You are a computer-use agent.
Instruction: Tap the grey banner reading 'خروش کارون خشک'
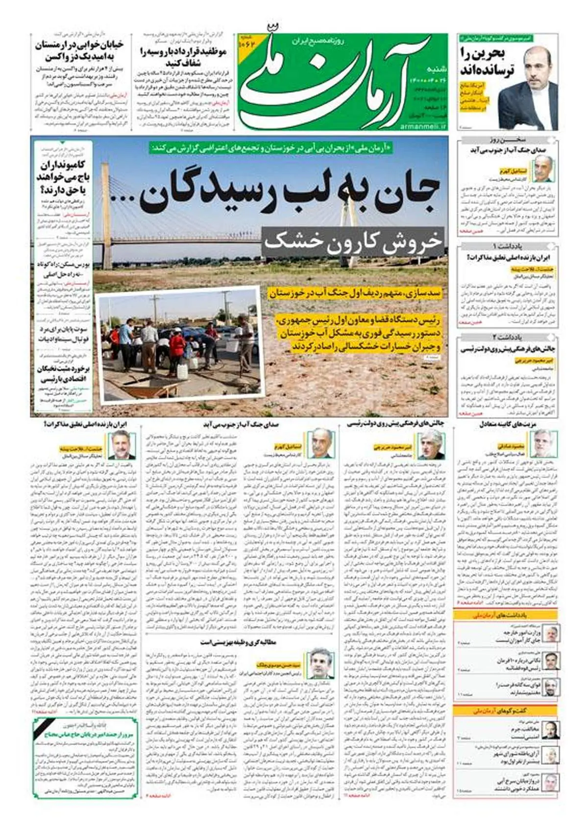pos(353,241)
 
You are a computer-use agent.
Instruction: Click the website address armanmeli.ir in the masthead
pos(424,126)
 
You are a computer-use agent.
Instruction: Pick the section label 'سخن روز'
pos(509,140)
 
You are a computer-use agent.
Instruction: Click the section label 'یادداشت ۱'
pos(509,245)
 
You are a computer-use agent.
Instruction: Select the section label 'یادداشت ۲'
pos(509,337)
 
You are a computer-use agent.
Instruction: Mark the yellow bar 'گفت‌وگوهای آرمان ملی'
pos(505,710)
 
